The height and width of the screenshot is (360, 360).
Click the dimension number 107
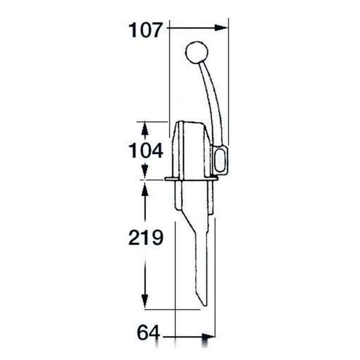[x=146, y=30]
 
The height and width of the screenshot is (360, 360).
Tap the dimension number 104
[x=146, y=150]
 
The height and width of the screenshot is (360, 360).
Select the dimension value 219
[x=146, y=237]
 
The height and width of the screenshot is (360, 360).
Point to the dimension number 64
[x=148, y=333]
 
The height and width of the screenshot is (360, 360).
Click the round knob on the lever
[x=196, y=52]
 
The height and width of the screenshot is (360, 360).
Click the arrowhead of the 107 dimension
[x=221, y=28]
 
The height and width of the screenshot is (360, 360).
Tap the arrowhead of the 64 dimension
[x=208, y=337]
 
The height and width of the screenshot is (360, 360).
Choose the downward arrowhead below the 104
[x=145, y=171]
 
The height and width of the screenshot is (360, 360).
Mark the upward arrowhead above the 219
[x=145, y=189]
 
